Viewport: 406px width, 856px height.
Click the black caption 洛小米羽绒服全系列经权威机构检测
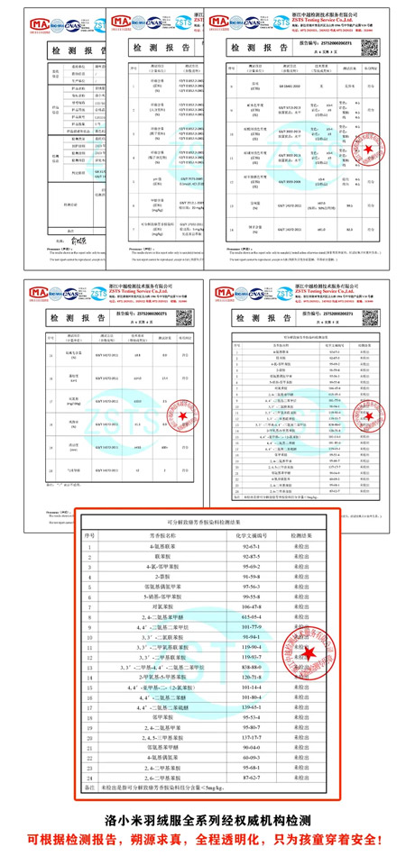(202, 821)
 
